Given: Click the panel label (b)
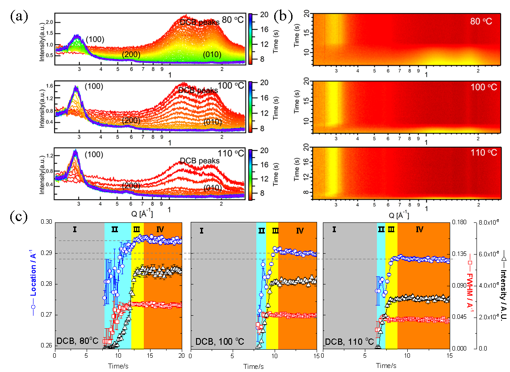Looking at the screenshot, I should pos(283,17).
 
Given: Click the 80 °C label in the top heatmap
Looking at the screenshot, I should pos(481,21).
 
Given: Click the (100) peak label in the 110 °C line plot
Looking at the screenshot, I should pos(94,155).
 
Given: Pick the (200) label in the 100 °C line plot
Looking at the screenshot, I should pos(131,120).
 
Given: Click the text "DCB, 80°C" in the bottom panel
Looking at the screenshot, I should pos(77,342).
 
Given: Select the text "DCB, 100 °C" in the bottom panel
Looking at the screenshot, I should pos(219,342).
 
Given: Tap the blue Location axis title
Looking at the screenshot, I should pos(31,286).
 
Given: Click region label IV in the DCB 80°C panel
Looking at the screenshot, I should pos(160,230).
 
